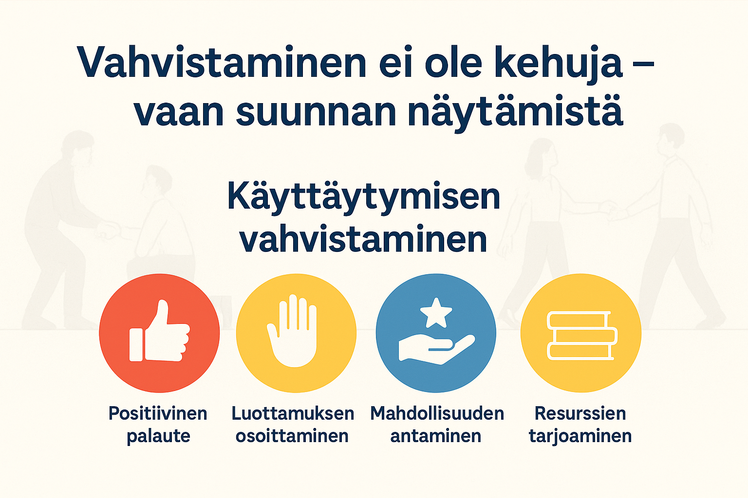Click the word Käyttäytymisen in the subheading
pos(364,197)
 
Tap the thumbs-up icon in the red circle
pos(159,333)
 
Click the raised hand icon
pos(293,331)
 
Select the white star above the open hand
pos(436,312)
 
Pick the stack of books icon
pos(581,335)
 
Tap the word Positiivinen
pos(158,413)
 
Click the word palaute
pos(158,436)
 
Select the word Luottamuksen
pos(293,413)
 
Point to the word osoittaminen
pos(292,436)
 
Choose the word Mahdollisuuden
pos(437,413)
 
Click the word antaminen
pos(436,436)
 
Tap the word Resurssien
pos(580,413)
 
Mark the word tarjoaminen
pos(580,436)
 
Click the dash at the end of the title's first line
pos(646,66)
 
